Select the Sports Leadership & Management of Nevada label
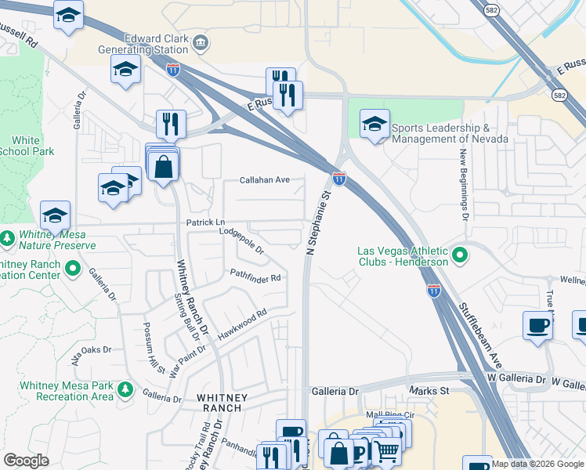pos(450,133)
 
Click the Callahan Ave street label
pos(265,180)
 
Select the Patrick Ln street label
pos(205,223)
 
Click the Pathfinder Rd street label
pos(255,276)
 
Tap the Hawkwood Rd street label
pos(242,323)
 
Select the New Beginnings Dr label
pos(464,183)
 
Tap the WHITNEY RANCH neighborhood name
pos(222,403)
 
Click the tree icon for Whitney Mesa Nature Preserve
pos(8,237)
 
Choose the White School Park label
pos(27,146)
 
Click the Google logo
pos(27,460)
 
